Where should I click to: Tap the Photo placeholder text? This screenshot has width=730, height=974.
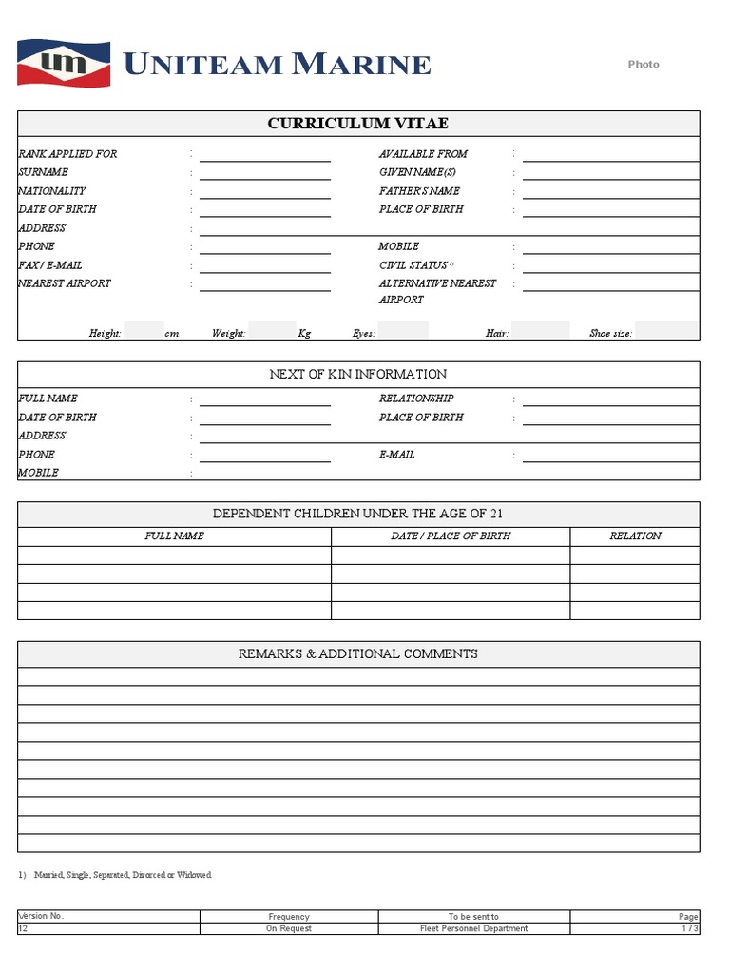(x=644, y=65)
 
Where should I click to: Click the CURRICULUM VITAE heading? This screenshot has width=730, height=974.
(x=358, y=124)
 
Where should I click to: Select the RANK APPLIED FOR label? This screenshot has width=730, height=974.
(x=67, y=154)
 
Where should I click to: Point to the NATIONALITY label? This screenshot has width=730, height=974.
(x=52, y=191)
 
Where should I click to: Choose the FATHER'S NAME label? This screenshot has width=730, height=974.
(x=419, y=191)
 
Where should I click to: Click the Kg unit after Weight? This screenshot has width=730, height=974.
(x=304, y=334)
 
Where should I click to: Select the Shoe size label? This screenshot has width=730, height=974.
(x=611, y=334)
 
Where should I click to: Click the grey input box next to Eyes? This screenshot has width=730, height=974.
(x=403, y=331)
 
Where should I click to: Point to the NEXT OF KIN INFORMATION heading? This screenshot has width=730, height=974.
(x=358, y=375)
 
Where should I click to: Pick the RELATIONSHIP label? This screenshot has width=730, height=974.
(x=416, y=399)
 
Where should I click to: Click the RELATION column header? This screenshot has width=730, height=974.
(x=635, y=536)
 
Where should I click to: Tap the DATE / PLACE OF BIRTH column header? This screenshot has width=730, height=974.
(x=451, y=536)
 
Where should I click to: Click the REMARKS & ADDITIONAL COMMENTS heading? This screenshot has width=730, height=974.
(x=358, y=654)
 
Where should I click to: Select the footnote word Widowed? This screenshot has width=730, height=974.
(x=195, y=875)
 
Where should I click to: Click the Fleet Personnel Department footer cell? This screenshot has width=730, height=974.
(x=473, y=929)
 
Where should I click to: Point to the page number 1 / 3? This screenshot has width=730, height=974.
(x=690, y=929)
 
